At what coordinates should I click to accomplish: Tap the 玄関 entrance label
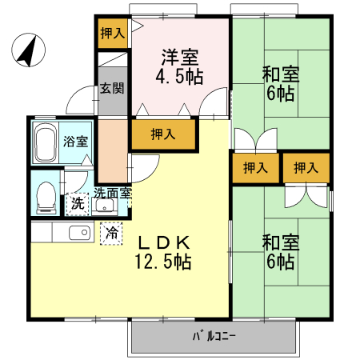click(x=112, y=88)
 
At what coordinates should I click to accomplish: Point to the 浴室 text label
click(x=78, y=143)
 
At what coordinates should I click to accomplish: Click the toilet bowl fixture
click(x=46, y=195)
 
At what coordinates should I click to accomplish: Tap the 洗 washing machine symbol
click(x=78, y=203)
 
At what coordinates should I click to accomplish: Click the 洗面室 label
click(x=113, y=193)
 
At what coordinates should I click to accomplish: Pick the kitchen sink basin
click(x=79, y=233)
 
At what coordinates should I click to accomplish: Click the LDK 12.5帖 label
click(x=168, y=250)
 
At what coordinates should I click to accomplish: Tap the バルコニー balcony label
click(x=214, y=336)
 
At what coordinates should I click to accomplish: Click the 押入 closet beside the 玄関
click(x=113, y=33)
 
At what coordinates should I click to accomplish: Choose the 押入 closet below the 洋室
click(x=163, y=134)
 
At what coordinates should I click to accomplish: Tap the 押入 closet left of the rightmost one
click(x=255, y=168)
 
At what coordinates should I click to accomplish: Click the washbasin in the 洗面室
click(x=105, y=205)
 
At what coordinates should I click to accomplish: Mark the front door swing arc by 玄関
click(x=80, y=102)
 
